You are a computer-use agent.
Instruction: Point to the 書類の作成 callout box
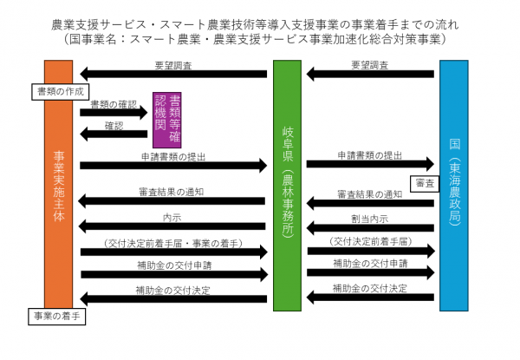[x=57, y=90]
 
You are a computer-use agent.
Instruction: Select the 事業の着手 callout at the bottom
[x=55, y=316]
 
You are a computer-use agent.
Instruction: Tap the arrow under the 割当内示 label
[x=371, y=227]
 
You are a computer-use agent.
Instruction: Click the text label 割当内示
[x=369, y=217]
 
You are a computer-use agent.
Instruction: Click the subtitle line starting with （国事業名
[x=260, y=40]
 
